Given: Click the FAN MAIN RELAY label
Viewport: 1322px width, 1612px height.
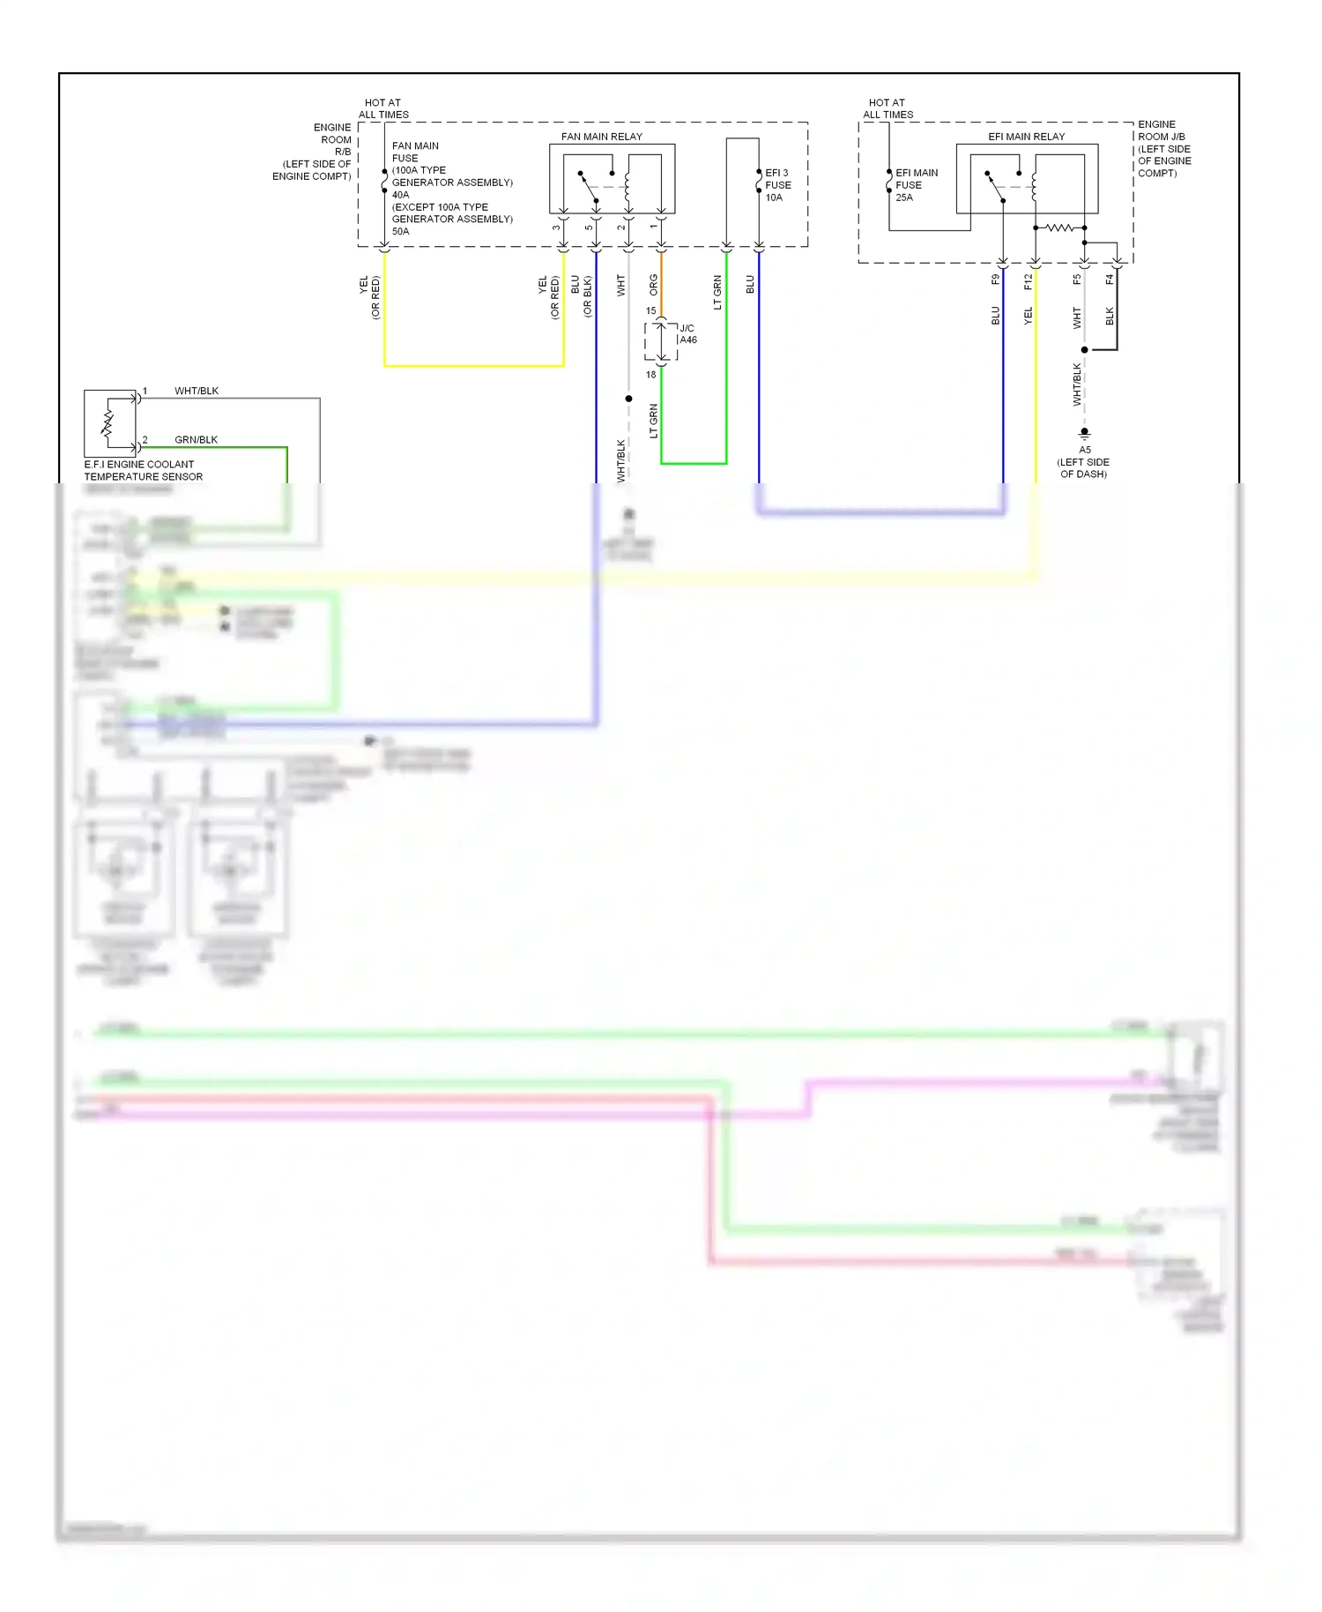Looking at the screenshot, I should coord(601,137).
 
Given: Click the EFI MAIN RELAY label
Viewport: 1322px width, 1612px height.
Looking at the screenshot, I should coord(1026,137).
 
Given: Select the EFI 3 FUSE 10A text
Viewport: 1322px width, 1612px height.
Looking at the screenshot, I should coord(777,185).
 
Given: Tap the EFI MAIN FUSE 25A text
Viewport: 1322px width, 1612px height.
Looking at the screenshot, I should coord(916,185).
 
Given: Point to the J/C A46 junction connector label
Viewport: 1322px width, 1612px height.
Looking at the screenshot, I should coord(687,334).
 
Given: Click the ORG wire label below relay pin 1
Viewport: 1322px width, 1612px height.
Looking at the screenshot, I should coord(653,284).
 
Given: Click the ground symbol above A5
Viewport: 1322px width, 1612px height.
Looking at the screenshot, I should coord(1084,433).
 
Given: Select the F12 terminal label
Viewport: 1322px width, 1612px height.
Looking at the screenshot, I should coord(1028,280).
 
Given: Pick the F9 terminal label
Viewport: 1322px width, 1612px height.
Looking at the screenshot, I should coord(995,280).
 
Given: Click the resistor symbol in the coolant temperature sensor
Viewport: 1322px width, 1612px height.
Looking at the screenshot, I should coord(108,423).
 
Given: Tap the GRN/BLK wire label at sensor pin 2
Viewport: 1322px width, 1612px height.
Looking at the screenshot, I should coord(196,439).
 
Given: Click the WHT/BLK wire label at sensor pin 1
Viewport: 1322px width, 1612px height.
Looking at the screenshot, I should coord(196,391).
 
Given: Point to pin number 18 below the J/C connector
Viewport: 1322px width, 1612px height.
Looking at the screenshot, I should coord(650,375).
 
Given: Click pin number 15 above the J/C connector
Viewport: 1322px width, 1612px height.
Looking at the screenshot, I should coord(650,310).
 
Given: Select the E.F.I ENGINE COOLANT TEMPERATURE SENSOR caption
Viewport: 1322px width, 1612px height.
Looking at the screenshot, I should coord(143,470).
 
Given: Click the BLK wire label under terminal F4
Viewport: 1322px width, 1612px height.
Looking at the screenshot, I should coord(1110,316).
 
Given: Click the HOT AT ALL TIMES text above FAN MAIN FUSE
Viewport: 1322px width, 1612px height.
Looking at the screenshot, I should coord(383,108).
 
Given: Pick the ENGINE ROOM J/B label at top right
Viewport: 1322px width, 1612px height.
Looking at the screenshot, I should coord(1163,148).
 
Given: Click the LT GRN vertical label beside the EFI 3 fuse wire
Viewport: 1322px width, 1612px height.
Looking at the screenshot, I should coord(717,292).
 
